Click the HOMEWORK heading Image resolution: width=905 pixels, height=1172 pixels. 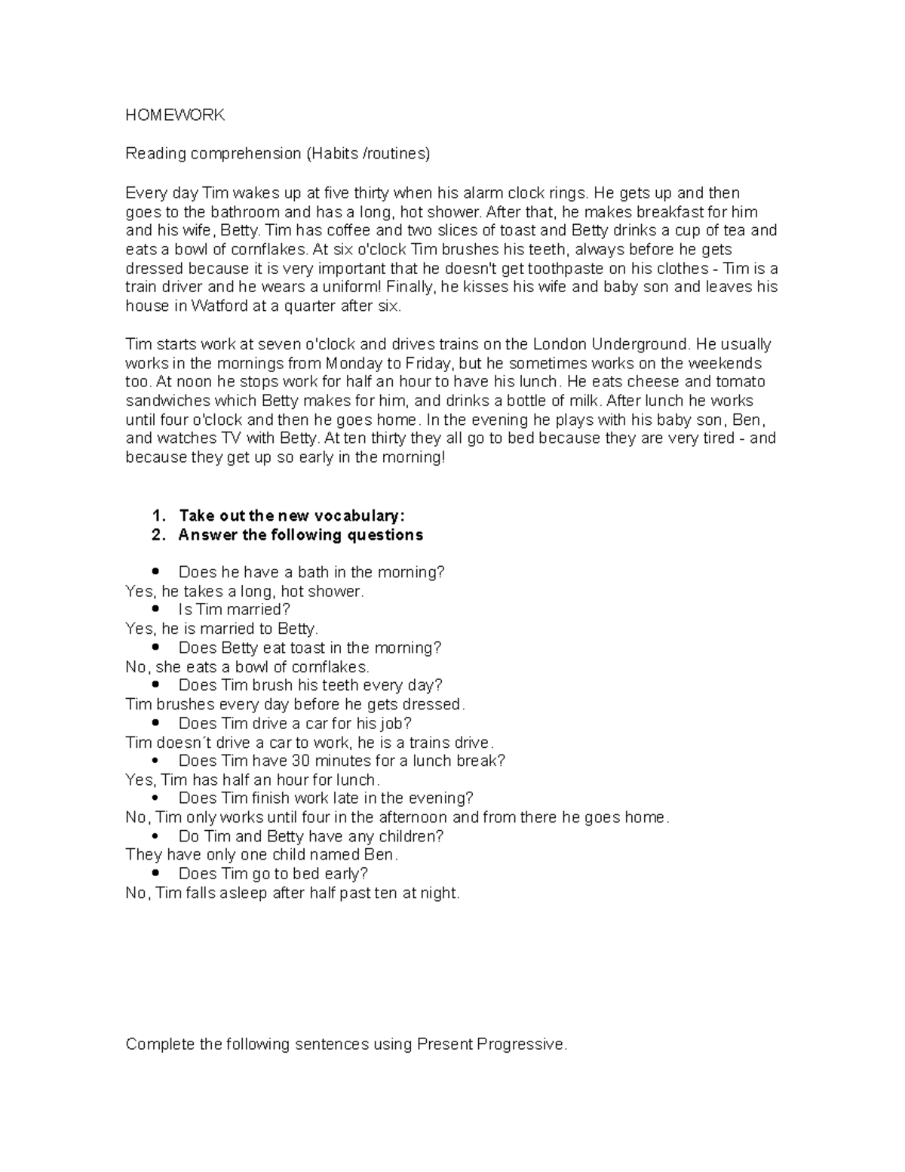coord(175,115)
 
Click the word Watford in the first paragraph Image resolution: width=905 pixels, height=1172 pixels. coord(219,306)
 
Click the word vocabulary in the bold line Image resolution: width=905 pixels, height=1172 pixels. coord(358,516)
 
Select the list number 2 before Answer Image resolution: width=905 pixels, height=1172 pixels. coord(158,535)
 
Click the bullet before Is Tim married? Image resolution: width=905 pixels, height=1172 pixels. coord(156,609)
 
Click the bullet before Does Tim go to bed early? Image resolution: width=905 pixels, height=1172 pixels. coord(156,873)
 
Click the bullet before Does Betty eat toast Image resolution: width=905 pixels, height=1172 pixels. coord(156,647)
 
